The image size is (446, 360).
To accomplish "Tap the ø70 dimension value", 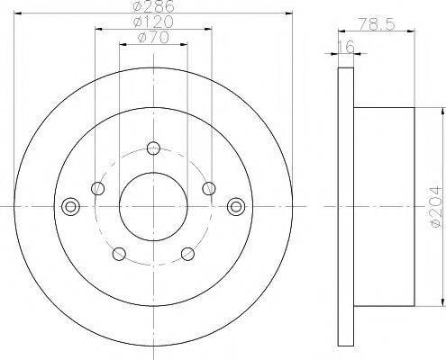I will (x=152, y=40).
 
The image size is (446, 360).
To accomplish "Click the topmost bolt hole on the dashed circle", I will (x=153, y=148).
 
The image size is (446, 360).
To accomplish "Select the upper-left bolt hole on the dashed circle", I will (x=98, y=188).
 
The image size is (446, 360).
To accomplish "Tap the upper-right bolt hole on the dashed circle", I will (x=208, y=188).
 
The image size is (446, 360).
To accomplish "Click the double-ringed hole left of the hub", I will (x=69, y=205).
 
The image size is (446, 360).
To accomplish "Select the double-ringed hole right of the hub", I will (x=236, y=205).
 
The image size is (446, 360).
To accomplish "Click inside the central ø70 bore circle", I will (x=153, y=205).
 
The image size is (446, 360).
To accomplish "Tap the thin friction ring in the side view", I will (x=343, y=205).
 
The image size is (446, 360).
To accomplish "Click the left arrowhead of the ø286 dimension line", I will (x=23, y=15).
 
